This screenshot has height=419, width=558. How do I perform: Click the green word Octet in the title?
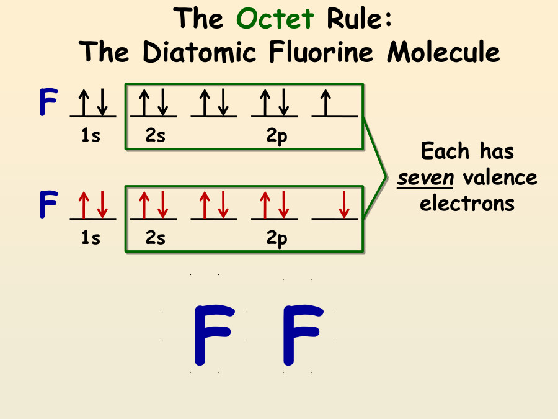[275, 19]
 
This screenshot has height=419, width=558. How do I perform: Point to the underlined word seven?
[426, 178]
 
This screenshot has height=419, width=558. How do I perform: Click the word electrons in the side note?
[467, 203]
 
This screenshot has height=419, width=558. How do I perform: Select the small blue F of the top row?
[48, 103]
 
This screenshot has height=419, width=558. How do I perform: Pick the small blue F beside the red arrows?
[48, 205]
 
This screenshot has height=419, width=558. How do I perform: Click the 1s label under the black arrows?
[91, 136]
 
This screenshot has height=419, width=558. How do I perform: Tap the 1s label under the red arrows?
[91, 238]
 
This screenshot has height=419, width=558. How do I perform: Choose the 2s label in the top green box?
[155, 136]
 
